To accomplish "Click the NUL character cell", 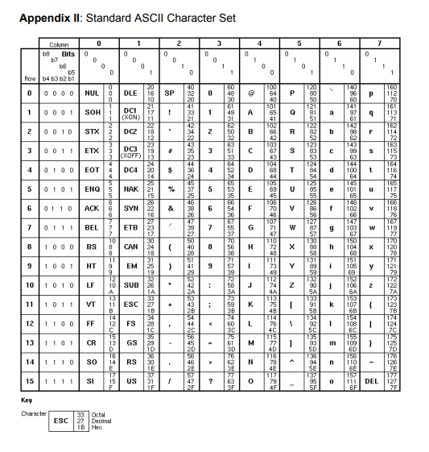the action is pyautogui.click(x=92, y=93).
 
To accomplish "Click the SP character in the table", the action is pyautogui.click(x=171, y=93).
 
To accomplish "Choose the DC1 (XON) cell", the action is pyautogui.click(x=132, y=112).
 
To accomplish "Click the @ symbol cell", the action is pyautogui.click(x=250, y=93).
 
